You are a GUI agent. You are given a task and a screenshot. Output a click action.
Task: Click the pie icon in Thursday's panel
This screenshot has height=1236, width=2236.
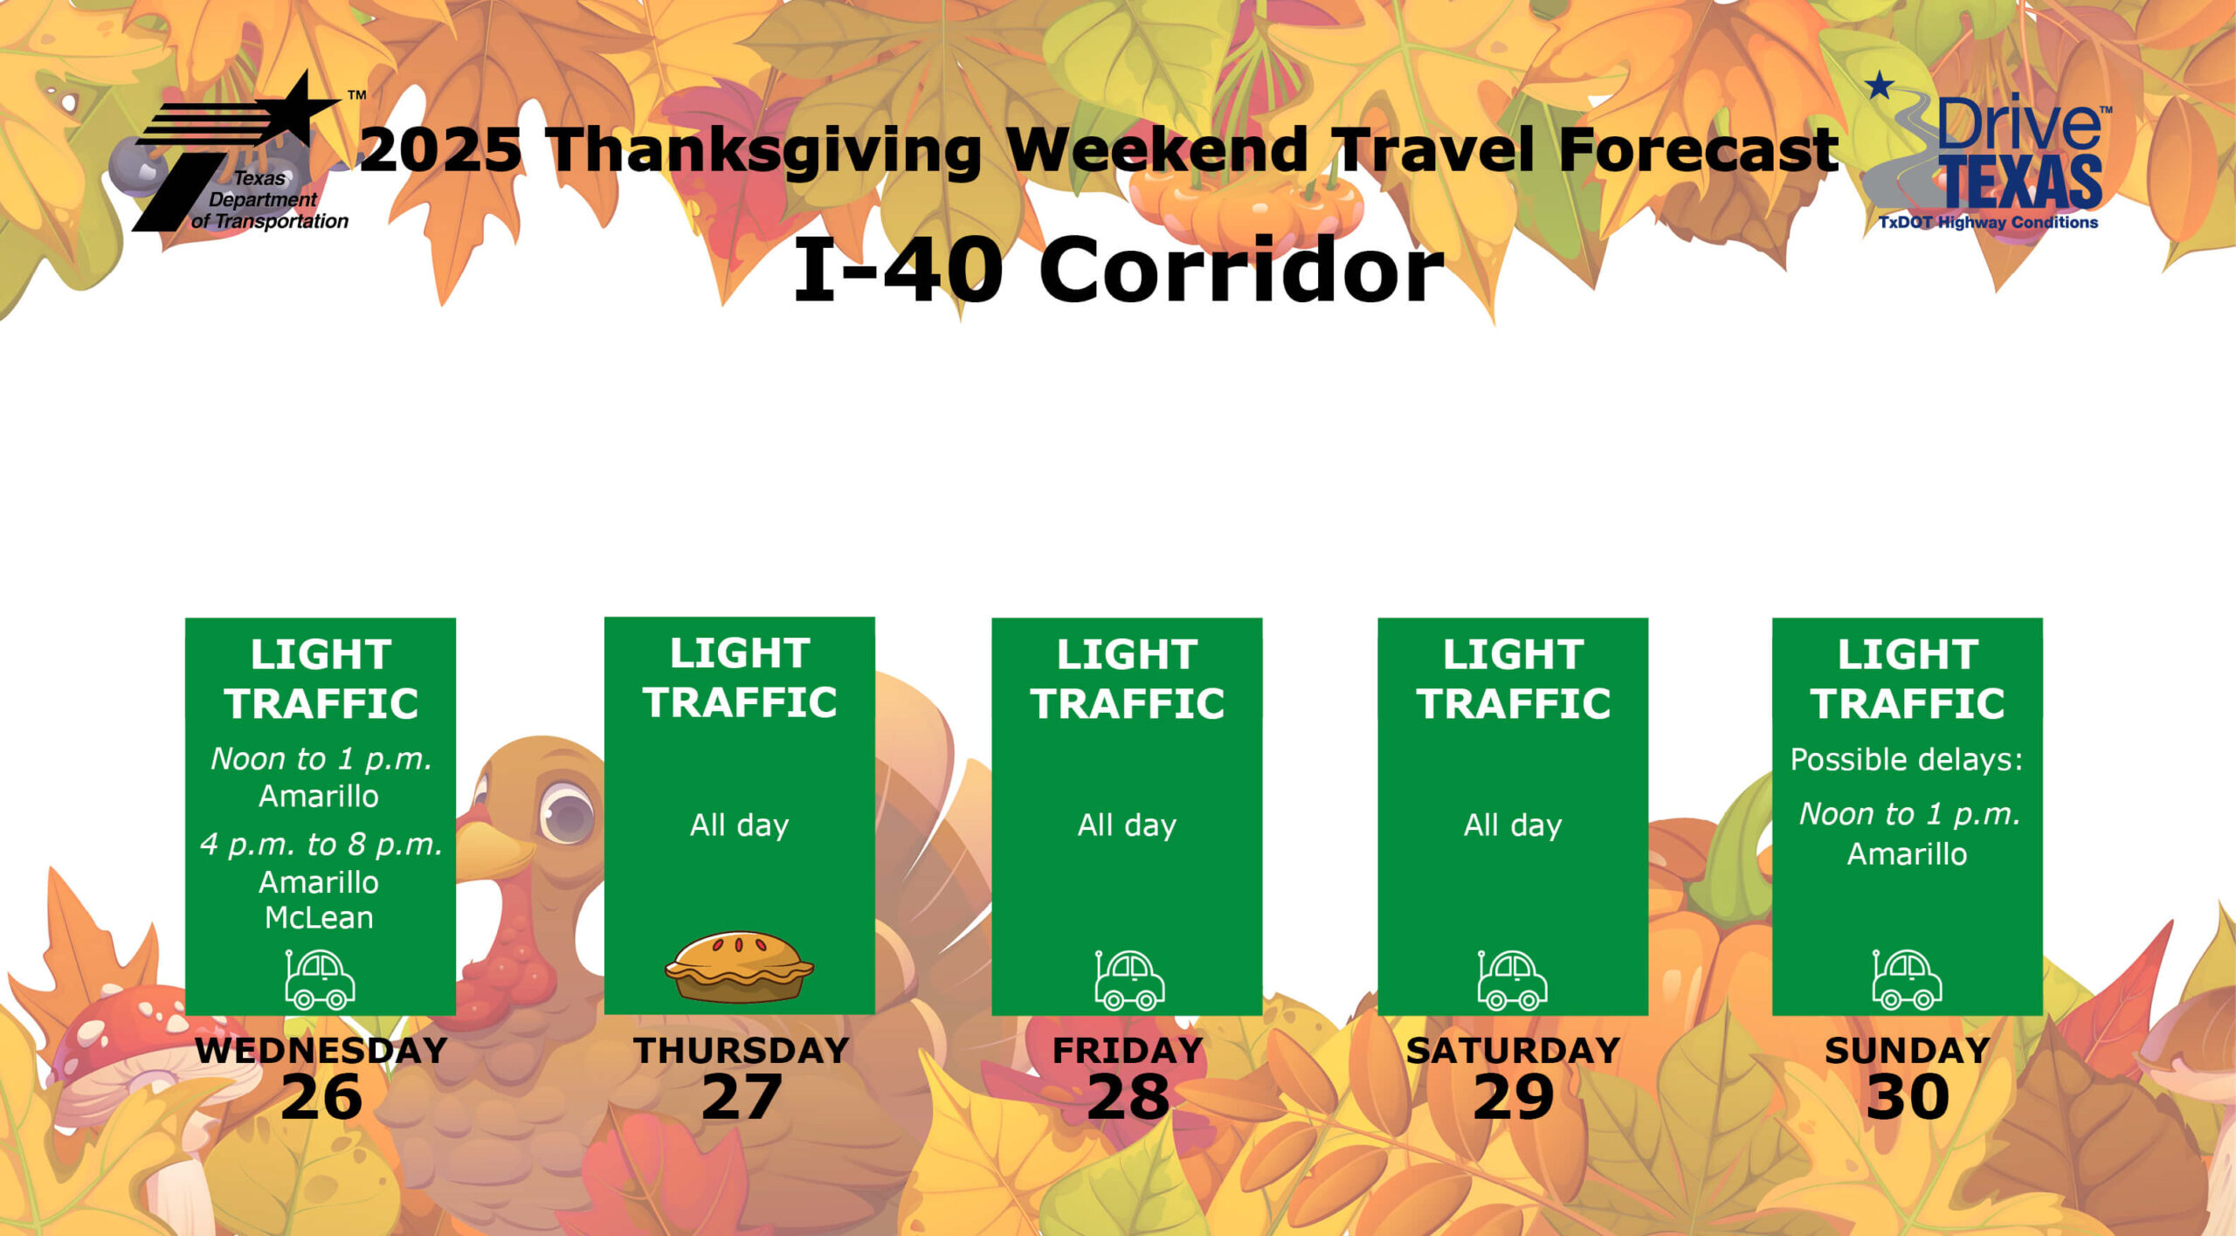click(x=739, y=967)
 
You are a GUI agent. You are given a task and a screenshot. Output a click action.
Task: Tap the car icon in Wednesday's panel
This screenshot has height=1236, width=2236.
click(x=320, y=980)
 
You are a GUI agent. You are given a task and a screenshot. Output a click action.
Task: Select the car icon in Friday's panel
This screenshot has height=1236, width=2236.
click(x=1129, y=980)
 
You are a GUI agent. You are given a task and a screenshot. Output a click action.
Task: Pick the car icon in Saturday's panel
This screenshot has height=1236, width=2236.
click(x=1512, y=980)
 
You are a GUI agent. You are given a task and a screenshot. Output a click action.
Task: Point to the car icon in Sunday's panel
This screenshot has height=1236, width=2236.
click(x=1907, y=980)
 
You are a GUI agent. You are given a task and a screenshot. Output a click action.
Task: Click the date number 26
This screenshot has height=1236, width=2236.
click(x=321, y=1097)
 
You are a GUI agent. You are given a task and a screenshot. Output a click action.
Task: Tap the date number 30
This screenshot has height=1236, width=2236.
click(x=1908, y=1097)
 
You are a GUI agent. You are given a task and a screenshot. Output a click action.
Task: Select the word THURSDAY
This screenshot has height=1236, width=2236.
click(x=742, y=1051)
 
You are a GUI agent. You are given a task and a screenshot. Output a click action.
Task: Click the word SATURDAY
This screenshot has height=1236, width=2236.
click(x=1513, y=1051)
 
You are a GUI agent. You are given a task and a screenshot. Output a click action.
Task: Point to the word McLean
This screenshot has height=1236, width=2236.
click(x=320, y=918)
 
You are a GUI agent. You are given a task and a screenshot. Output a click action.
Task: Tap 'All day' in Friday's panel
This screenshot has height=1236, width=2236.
click(x=1127, y=825)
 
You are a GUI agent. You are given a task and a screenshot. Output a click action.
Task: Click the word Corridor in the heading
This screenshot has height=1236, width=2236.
click(x=1241, y=270)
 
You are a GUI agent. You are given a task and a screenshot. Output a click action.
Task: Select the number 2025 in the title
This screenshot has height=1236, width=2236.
click(x=441, y=149)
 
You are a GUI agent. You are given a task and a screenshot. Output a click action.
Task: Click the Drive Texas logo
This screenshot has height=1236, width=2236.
click(x=1987, y=151)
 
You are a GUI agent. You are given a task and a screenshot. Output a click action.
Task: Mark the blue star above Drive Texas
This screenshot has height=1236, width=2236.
click(x=1880, y=86)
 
